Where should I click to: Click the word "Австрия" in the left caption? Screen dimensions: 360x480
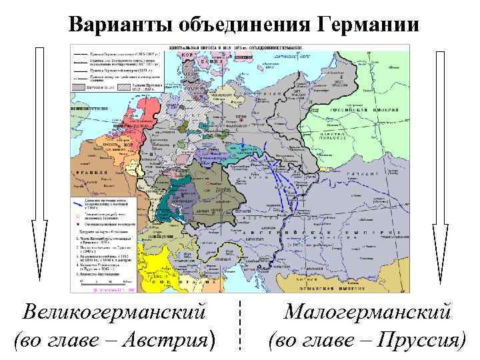(175, 340)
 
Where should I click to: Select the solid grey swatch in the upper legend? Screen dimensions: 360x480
(81, 86)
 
